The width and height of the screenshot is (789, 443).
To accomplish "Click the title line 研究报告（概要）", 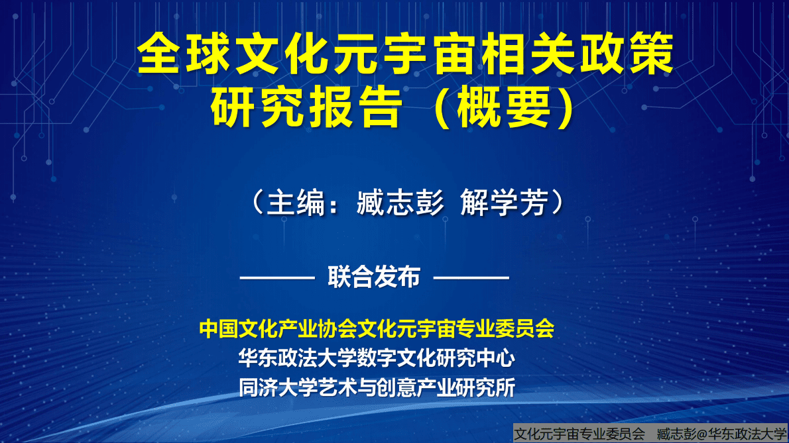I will (x=394, y=107).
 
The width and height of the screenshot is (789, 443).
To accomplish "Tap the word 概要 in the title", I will (x=503, y=107).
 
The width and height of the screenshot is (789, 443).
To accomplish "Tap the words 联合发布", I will (x=374, y=277).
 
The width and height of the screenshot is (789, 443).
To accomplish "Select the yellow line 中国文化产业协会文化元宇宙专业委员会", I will (x=377, y=328).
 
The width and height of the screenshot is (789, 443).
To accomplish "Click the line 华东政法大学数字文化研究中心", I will (x=377, y=358).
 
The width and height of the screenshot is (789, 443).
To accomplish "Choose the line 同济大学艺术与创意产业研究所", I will (x=377, y=387).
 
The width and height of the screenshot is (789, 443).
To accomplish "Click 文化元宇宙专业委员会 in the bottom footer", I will (x=580, y=434).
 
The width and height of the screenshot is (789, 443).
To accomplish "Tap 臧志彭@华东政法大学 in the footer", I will (x=722, y=434).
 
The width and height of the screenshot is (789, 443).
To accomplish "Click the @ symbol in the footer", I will (x=701, y=434).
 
